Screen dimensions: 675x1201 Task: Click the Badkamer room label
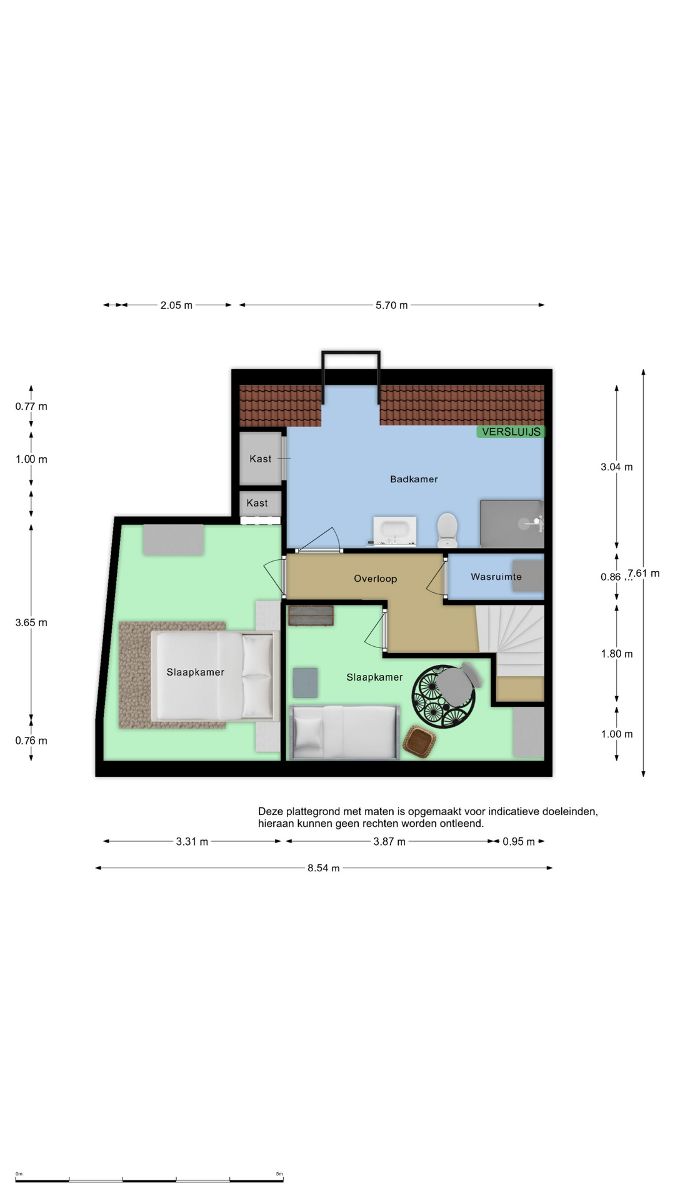pyautogui.click(x=414, y=479)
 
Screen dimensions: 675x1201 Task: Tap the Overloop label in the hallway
pyautogui.click(x=375, y=579)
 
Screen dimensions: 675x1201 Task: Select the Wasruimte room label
pyautogui.click(x=496, y=577)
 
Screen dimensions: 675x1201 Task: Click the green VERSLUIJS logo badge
pyautogui.click(x=511, y=432)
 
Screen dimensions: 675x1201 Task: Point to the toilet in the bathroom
pyautogui.click(x=447, y=530)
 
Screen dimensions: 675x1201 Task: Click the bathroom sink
pyautogui.click(x=394, y=530)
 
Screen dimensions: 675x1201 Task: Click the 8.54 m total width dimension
pyautogui.click(x=323, y=868)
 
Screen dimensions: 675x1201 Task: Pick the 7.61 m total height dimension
pyautogui.click(x=644, y=573)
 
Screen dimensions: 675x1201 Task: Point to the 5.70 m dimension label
pyautogui.click(x=391, y=305)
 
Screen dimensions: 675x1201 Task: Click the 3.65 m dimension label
pyautogui.click(x=31, y=622)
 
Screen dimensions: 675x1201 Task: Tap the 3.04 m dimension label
pyautogui.click(x=616, y=467)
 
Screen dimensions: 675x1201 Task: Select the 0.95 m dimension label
pyautogui.click(x=519, y=841)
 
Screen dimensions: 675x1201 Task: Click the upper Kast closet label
pyautogui.click(x=261, y=459)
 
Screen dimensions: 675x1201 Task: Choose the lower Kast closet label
pyautogui.click(x=257, y=503)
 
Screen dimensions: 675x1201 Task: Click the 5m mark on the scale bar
pyautogui.click(x=279, y=1174)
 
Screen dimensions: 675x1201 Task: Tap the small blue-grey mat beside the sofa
pyautogui.click(x=305, y=682)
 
